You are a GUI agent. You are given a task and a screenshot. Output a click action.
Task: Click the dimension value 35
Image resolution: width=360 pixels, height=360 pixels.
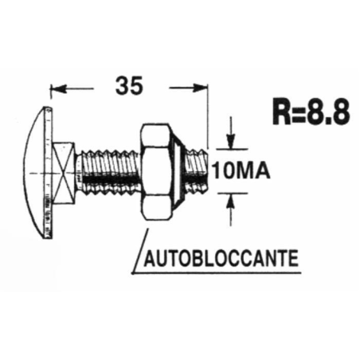pyautogui.click(x=128, y=84)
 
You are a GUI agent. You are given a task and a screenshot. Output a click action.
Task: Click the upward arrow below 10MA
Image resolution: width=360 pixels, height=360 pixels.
pyautogui.click(x=231, y=203)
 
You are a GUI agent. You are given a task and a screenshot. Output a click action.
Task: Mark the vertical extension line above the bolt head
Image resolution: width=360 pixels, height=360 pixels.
pyautogui.click(x=50, y=96)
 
